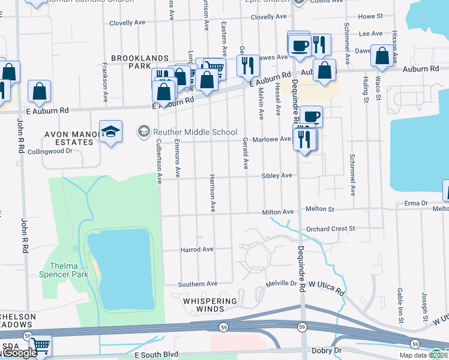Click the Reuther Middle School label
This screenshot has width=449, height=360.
[193, 132]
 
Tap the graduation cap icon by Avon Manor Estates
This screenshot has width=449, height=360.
[111, 131]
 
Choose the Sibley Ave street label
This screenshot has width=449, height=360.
[276, 175]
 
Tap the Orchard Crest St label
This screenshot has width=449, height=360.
[331, 229]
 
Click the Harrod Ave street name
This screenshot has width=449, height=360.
[197, 249]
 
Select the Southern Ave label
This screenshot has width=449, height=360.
[198, 283]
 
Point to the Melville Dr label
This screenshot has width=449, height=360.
[282, 283]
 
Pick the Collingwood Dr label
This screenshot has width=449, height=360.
[50, 152]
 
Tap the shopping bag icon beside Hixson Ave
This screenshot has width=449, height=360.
[382, 56]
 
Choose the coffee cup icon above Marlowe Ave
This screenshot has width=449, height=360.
[310, 116]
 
